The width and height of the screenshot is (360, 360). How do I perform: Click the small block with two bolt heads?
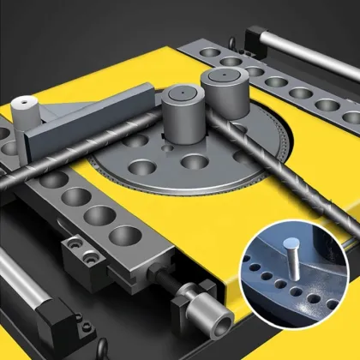click(x=82, y=253)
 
